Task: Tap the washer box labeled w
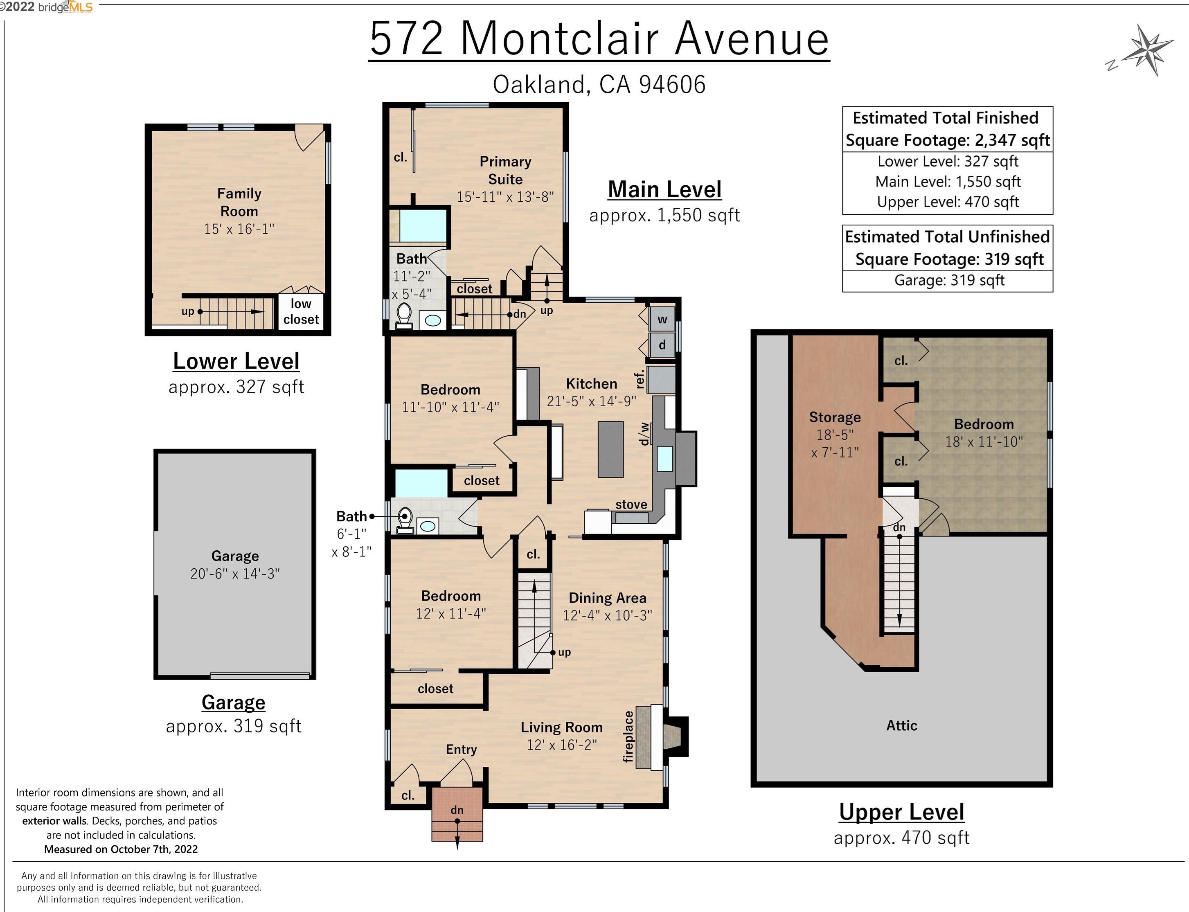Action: click(x=662, y=319)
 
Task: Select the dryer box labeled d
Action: click(x=662, y=345)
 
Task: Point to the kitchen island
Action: click(x=610, y=449)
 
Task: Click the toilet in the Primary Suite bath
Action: click(x=404, y=316)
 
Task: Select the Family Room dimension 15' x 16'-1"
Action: click(x=239, y=229)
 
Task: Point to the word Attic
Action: click(x=901, y=725)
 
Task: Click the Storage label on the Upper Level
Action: click(x=835, y=417)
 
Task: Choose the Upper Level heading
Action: click(x=901, y=812)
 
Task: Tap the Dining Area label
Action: click(x=607, y=598)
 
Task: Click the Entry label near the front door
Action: click(x=461, y=749)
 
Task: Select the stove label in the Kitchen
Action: click(x=631, y=504)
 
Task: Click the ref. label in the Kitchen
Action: click(x=640, y=379)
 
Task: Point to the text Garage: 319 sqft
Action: click(x=949, y=280)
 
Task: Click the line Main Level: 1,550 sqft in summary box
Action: click(x=948, y=181)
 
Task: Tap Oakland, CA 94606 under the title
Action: click(x=599, y=85)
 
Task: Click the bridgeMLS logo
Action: click(x=65, y=7)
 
